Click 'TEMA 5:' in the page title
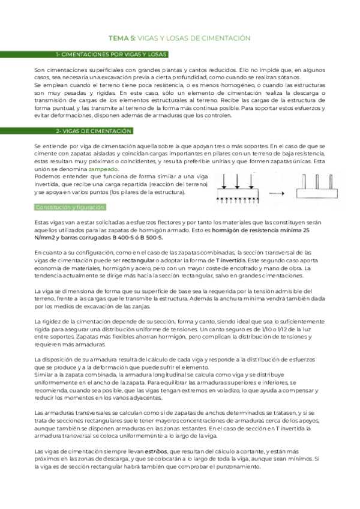pyautogui.click(x=122, y=38)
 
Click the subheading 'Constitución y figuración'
pyautogui.click(x=70, y=207)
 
